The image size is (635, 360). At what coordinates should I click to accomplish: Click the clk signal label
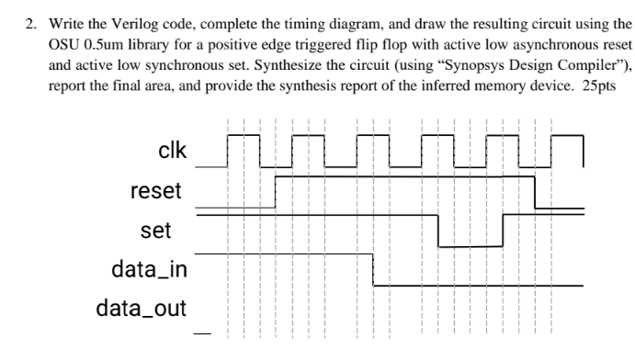173,152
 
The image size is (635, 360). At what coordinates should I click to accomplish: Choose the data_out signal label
141,306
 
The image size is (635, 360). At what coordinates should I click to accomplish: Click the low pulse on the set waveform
471,246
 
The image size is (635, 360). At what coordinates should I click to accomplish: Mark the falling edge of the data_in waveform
372,269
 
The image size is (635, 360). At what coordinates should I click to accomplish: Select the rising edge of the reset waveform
277,192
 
